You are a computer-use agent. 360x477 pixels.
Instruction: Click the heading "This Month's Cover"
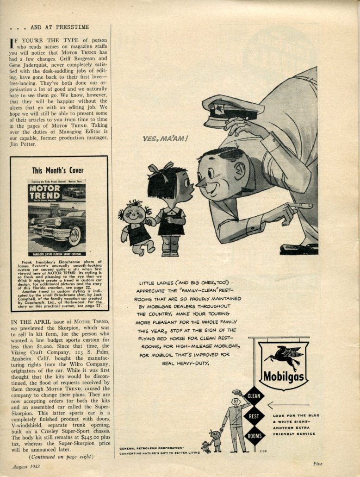pyautogui.click(x=58, y=170)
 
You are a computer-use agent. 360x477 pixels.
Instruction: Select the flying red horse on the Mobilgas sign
pyautogui.click(x=283, y=357)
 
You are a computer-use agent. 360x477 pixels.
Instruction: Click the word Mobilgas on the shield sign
pyautogui.click(x=284, y=376)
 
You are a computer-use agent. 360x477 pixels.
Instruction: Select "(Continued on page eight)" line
pyautogui.click(x=61, y=457)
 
